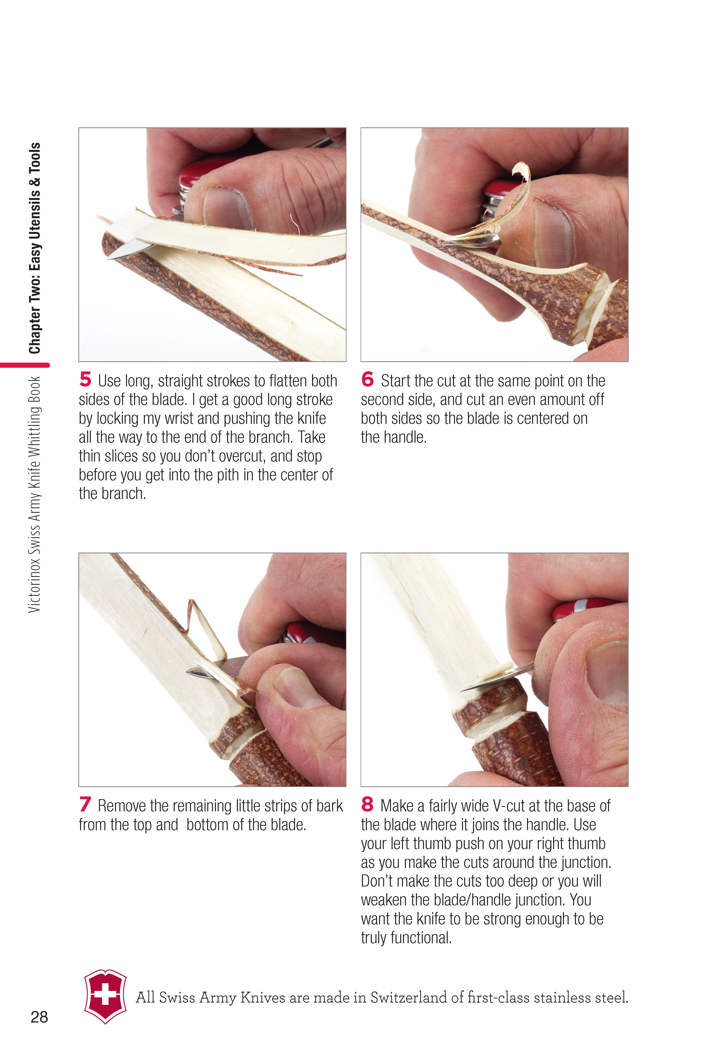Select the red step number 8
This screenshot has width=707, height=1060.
click(x=367, y=804)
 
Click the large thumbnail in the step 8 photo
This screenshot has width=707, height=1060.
click(x=607, y=671)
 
